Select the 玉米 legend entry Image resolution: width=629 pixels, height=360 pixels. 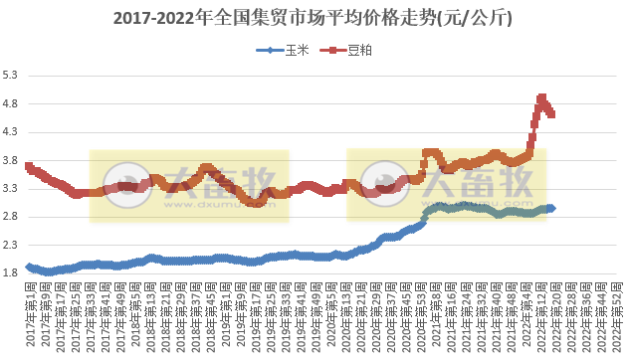[x=288, y=50]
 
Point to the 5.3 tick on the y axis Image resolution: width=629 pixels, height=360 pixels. [x=11, y=76]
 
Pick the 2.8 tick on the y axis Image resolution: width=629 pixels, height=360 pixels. [x=11, y=216]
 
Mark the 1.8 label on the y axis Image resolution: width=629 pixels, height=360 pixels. [x=11, y=272]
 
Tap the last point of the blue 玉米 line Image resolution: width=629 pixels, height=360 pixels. [x=552, y=208]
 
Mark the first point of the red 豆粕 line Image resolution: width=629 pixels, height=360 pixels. [x=29, y=166]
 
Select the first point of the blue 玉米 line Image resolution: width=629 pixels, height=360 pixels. [x=29, y=267]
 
